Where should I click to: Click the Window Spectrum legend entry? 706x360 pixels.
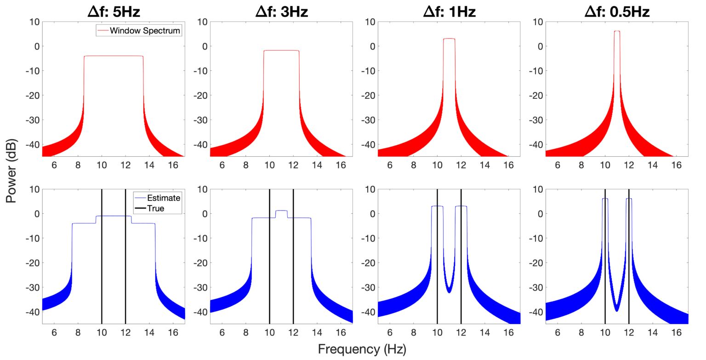(145, 31)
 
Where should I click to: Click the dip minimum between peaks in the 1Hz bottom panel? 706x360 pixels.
(449, 292)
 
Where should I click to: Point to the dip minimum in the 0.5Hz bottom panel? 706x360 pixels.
(617, 311)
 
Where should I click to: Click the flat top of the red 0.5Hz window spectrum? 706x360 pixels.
(617, 31)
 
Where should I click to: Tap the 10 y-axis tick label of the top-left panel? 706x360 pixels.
(34, 21)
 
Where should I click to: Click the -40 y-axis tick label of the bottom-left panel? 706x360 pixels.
(31, 312)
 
